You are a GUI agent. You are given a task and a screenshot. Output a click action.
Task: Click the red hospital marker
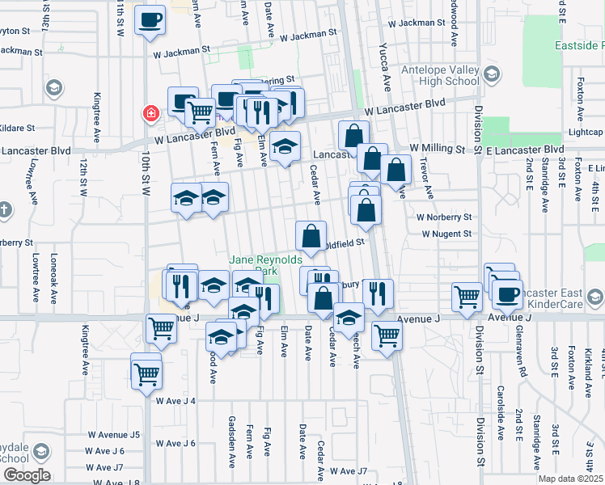click(150, 113)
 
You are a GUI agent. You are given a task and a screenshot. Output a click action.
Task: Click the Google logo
click(26, 475)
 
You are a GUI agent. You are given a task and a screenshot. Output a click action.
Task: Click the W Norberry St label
click(443, 217)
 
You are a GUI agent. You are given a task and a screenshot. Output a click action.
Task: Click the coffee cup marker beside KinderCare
click(508, 294)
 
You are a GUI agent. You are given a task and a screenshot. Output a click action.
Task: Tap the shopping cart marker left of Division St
click(467, 297)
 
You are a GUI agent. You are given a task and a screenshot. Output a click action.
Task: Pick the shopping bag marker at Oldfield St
click(311, 237)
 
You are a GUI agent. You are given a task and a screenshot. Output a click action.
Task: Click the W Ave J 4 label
click(176, 401)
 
